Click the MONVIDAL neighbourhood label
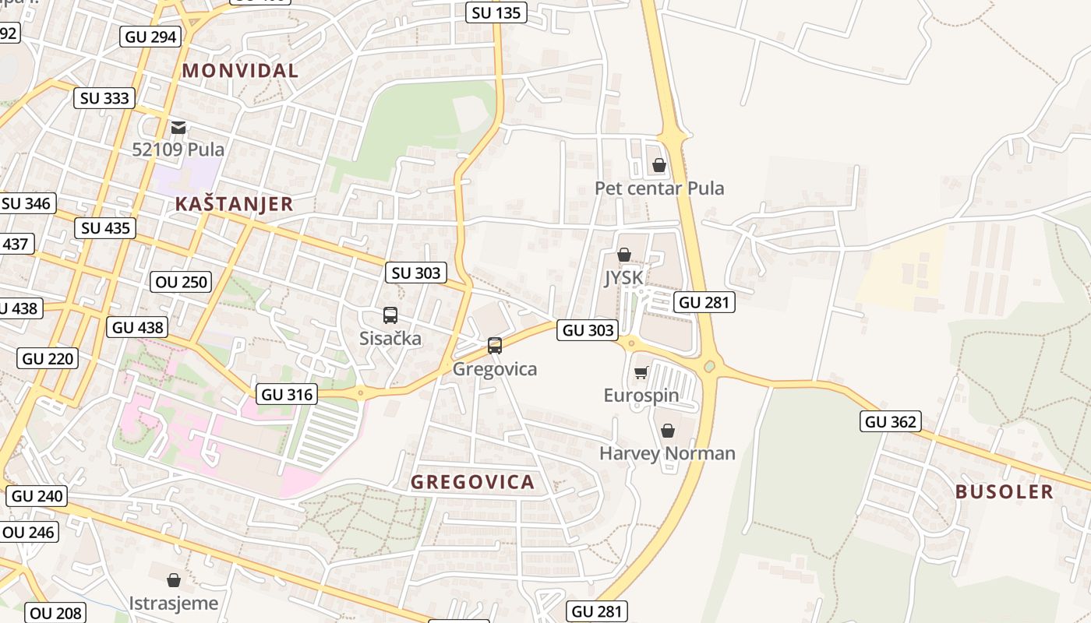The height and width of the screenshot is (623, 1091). click(x=240, y=71)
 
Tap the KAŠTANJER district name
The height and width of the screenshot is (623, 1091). click(x=234, y=205)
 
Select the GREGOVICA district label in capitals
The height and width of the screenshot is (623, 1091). click(x=472, y=482)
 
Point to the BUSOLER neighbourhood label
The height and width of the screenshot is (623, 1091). click(x=1004, y=492)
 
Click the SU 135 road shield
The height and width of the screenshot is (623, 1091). click(x=496, y=12)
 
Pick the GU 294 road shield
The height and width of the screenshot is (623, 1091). click(x=152, y=37)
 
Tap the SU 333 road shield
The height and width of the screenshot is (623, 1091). click(x=105, y=98)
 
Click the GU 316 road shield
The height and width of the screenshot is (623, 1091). click(x=287, y=395)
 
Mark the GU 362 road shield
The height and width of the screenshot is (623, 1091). click(x=892, y=422)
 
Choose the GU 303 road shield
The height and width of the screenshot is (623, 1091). click(x=588, y=330)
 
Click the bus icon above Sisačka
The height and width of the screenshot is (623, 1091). click(x=390, y=315)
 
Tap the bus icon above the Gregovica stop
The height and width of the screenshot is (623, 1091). click(x=494, y=345)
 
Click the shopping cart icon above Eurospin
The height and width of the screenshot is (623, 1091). click(x=641, y=373)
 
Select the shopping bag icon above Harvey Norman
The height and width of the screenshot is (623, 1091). click(x=667, y=431)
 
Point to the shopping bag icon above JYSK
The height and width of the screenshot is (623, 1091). click(x=623, y=255)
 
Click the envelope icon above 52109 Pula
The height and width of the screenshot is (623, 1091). click(x=178, y=127)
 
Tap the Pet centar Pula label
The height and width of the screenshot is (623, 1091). click(x=659, y=188)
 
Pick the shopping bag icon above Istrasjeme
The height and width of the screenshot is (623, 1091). click(x=174, y=580)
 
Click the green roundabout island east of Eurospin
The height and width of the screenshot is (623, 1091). click(x=709, y=366)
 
